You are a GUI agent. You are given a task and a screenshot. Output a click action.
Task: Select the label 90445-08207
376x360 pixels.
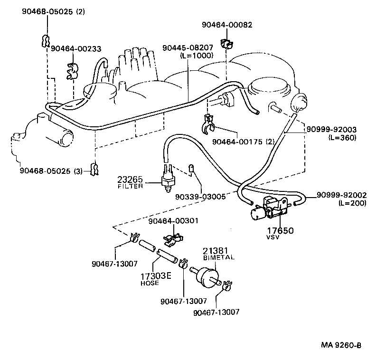[x=188, y=48]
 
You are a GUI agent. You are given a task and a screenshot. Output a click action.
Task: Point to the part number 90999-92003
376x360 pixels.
[x=332, y=129]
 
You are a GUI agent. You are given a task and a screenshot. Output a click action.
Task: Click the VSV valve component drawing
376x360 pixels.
[x=271, y=208]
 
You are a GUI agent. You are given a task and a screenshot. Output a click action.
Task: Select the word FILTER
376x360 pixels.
[x=130, y=187]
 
